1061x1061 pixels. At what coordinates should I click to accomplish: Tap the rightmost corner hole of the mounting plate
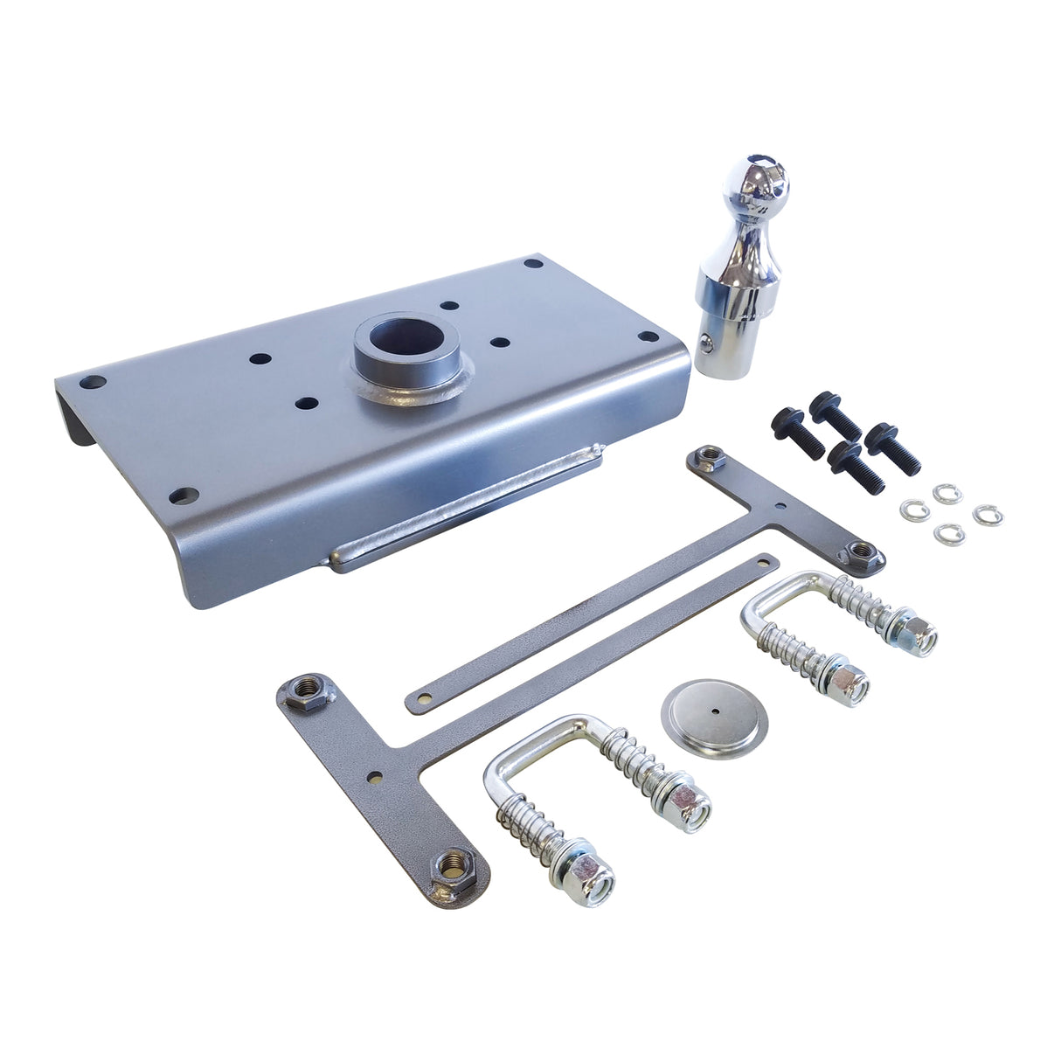point(648,336)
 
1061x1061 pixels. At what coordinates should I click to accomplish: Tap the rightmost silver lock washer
point(988,515)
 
